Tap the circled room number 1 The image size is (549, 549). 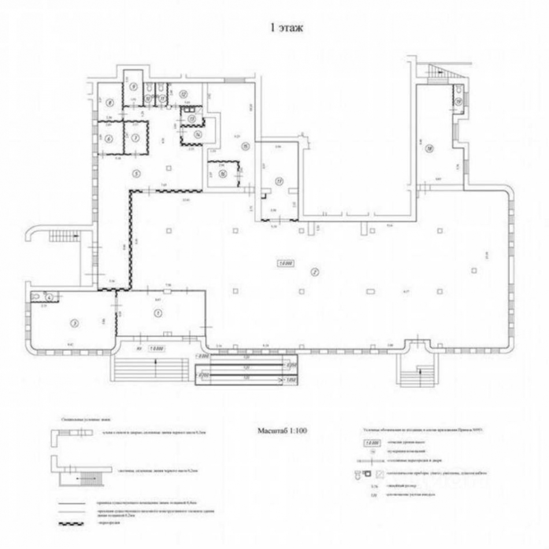[x=157, y=313]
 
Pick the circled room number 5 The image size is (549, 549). [x=136, y=173]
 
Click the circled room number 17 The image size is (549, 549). [x=279, y=181]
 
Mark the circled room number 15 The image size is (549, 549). [x=245, y=146]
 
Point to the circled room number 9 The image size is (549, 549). [x=133, y=87]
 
